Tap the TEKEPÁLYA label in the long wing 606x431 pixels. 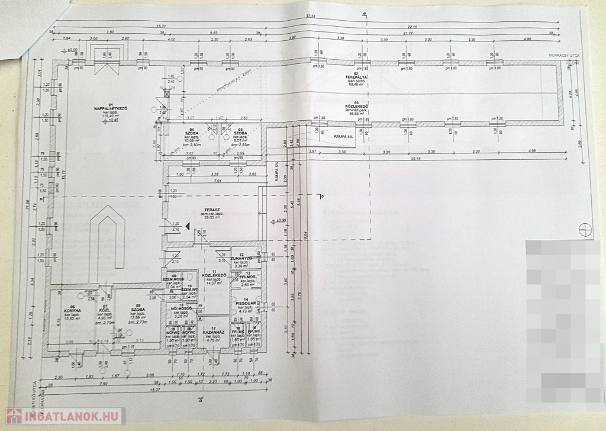(357, 78)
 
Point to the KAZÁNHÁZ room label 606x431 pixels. (211, 333)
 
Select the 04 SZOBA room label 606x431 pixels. (191, 132)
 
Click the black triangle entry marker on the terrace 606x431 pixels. (187, 225)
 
